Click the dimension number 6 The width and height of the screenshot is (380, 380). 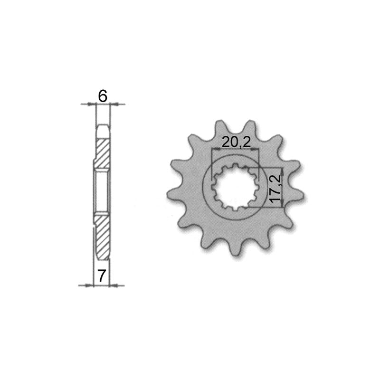[103, 96]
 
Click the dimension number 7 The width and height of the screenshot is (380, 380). [102, 276]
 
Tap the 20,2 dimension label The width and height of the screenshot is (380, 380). [236, 143]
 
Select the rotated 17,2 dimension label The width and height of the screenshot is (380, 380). [275, 189]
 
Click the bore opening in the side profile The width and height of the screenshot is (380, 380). [102, 191]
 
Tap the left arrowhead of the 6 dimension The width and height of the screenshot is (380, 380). [91, 104]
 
